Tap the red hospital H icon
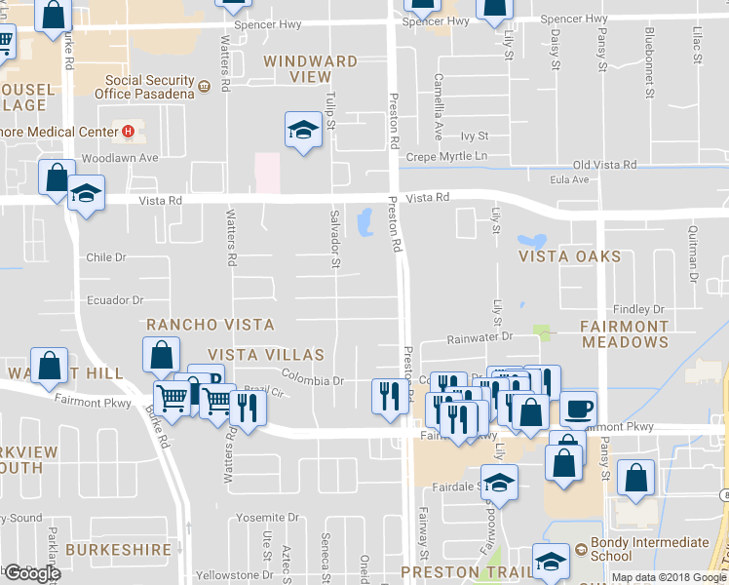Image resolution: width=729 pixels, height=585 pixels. coord(127,132)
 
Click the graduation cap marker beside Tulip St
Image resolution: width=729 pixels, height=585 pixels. coord(303,131)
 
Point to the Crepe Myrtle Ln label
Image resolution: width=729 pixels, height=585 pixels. coord(446,156)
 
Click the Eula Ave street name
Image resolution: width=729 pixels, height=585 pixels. coord(568,180)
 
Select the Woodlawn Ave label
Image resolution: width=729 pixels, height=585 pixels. coord(120,157)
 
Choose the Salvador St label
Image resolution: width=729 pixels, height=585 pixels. coord(334,239)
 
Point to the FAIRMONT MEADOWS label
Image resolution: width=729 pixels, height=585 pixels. coord(625,333)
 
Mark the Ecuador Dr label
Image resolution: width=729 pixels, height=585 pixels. coord(115,300)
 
